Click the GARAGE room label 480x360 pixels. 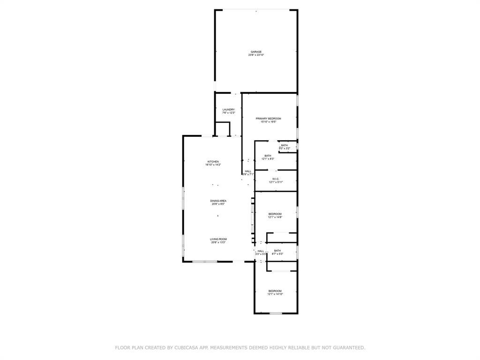click(256, 52)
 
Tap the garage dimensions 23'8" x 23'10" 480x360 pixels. click(256, 55)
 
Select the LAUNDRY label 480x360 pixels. click(228, 110)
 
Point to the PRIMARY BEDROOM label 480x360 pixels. click(268, 119)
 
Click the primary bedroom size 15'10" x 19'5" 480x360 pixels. click(268, 122)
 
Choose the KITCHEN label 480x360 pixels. click(213, 162)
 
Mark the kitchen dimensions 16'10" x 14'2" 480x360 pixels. click(213, 165)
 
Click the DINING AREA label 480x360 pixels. click(218, 201)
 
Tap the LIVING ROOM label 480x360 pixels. click(218, 239)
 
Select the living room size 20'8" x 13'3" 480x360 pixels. click(218, 242)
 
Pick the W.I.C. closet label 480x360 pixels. click(276, 179)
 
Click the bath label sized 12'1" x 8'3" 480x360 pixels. click(268, 156)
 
